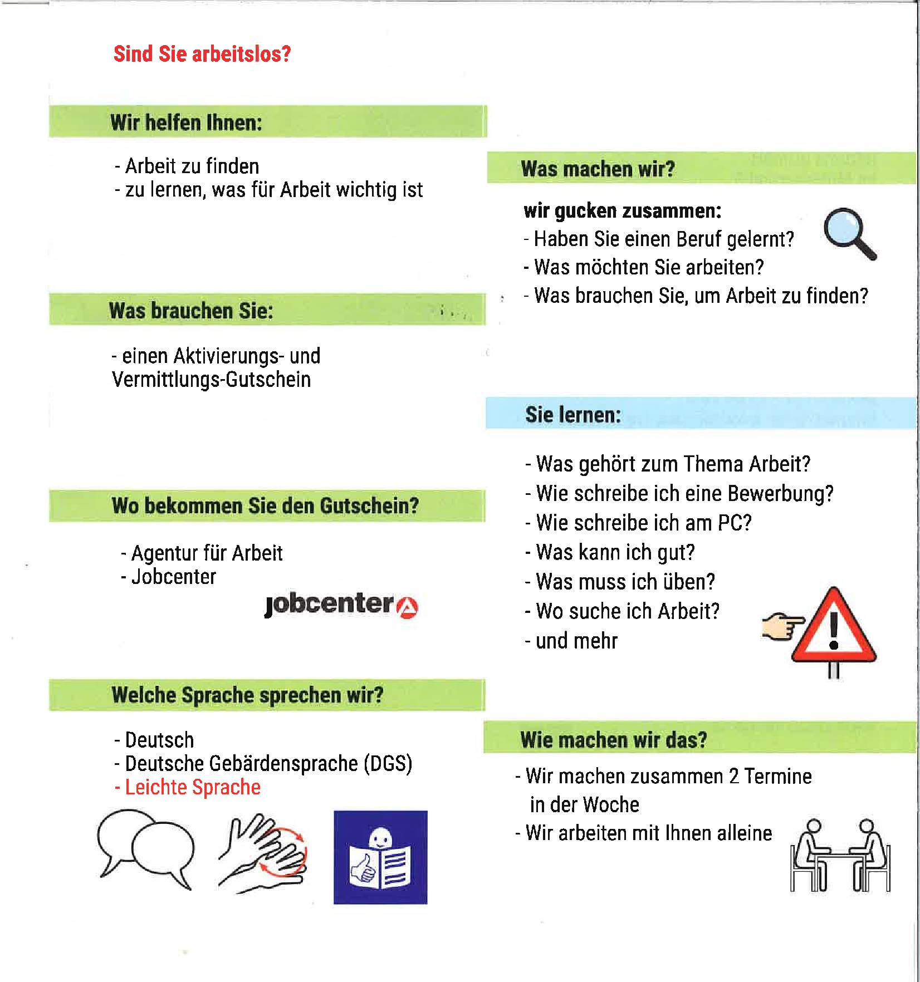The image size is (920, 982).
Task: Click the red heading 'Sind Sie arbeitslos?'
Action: (202, 54)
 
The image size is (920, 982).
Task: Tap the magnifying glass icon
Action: (848, 233)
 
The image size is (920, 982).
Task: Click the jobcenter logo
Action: (341, 605)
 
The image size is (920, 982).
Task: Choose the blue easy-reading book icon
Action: (380, 857)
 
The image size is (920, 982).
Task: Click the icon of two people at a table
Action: (840, 856)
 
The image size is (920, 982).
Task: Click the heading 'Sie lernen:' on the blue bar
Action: (573, 415)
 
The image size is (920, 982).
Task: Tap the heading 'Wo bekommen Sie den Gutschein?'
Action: (265, 505)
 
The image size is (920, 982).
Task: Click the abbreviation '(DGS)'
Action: (388, 763)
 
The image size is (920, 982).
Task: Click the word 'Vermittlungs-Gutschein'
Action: (212, 380)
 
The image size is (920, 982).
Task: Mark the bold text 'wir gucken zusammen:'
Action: (623, 211)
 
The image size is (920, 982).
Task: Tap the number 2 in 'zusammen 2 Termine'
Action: (733, 776)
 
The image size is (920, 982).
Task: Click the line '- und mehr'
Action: (572, 641)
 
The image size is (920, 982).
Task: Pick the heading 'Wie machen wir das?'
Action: (614, 740)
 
